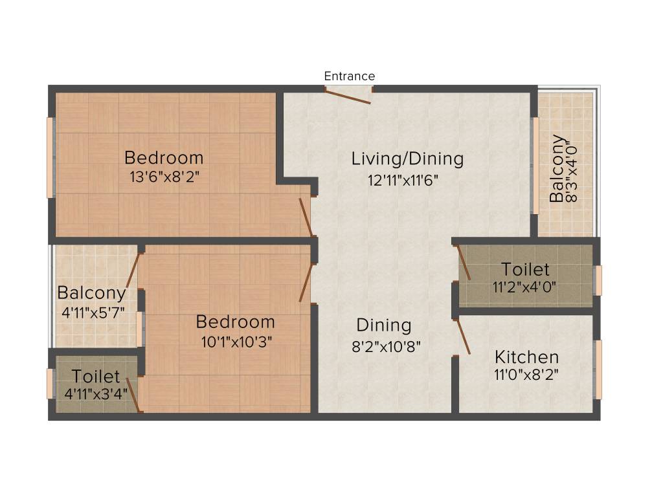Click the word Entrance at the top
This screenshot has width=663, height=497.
coord(349,76)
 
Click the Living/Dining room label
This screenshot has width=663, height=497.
coord(407,159)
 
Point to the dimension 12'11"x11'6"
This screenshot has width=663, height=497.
coord(403,181)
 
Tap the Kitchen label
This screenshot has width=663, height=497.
coord(526,357)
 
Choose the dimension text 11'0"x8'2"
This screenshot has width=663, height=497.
coord(526,373)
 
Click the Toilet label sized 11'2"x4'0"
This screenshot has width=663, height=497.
coord(525,269)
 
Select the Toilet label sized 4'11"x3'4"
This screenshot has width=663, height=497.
coord(96,376)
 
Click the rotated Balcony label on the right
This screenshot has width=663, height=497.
coord(556,168)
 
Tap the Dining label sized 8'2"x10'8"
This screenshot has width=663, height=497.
coord(384,325)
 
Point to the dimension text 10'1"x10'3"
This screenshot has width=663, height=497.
coord(236,342)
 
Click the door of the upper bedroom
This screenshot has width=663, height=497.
coord(306,217)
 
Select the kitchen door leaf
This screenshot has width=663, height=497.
coord(464,337)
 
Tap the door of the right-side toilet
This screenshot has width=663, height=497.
coord(464,262)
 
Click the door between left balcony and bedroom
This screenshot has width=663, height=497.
coord(133,271)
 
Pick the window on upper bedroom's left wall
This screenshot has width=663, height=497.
coord(50,157)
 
